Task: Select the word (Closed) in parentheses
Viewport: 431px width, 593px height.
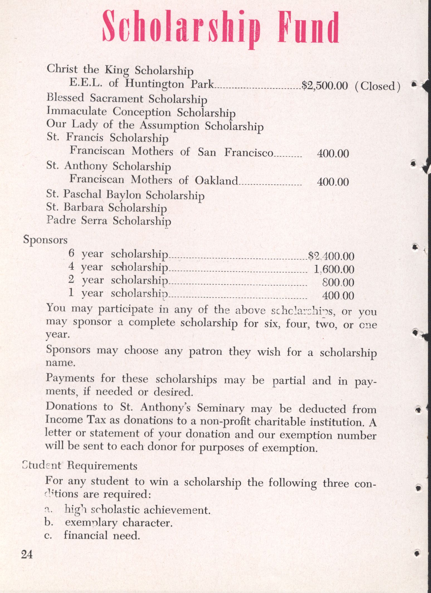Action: [x=378, y=86]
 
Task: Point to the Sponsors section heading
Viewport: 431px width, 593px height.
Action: [x=45, y=240]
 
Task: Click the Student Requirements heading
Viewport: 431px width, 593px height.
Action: [x=80, y=466]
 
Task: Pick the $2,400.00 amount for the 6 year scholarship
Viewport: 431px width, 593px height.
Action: [x=331, y=256]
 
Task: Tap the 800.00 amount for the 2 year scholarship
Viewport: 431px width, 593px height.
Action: [x=338, y=282]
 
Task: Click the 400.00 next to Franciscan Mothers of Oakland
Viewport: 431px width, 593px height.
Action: [x=333, y=182]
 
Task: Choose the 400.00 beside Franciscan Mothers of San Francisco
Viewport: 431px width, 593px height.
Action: [x=333, y=153]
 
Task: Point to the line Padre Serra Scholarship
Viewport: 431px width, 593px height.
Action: [x=109, y=221]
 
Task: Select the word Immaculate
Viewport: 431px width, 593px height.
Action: [x=77, y=111]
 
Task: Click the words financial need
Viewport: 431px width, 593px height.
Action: [x=102, y=535]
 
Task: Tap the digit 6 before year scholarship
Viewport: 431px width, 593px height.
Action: [x=72, y=253]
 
